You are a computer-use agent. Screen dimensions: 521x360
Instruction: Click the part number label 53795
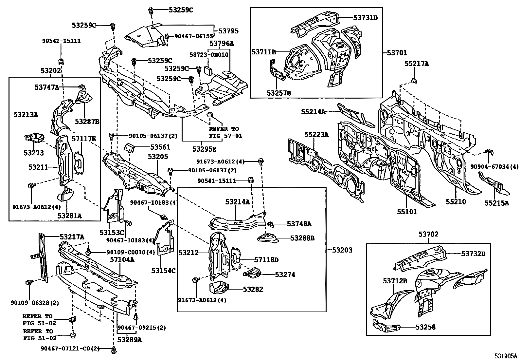(x=228, y=31)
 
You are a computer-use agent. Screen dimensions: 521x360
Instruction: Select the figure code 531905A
(x=505, y=356)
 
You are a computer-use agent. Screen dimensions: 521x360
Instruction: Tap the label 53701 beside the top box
(x=397, y=53)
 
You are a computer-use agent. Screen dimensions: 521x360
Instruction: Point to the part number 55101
(x=407, y=212)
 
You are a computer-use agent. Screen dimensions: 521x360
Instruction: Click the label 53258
(x=425, y=327)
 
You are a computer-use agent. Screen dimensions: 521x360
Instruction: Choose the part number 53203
(x=342, y=250)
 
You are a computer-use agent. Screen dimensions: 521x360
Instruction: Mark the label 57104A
(x=122, y=259)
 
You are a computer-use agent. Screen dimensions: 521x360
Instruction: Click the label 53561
(x=160, y=147)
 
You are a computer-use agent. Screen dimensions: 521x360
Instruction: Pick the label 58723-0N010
(x=209, y=54)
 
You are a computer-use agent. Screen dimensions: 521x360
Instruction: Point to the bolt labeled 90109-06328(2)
(x=28, y=283)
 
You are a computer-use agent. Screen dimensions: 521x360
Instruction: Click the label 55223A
(x=316, y=135)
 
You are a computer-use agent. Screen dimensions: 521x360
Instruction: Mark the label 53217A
(x=72, y=237)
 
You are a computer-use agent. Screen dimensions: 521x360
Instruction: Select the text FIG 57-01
(x=225, y=136)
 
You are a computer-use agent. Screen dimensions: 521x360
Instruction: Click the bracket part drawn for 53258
(x=386, y=327)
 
